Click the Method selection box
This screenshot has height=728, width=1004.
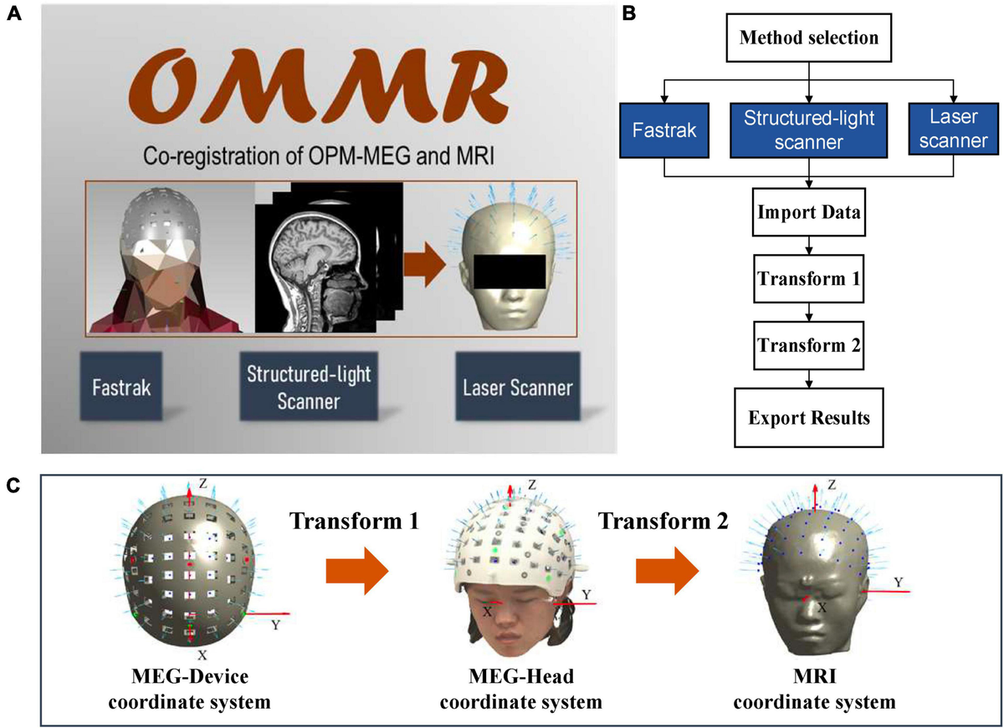pyautogui.click(x=808, y=38)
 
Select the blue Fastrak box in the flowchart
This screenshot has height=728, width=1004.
pyautogui.click(x=665, y=130)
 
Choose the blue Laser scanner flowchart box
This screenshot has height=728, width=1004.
pyautogui.click(x=952, y=130)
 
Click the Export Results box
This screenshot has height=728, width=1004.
pyautogui.click(x=808, y=416)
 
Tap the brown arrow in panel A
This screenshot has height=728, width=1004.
pyautogui.click(x=427, y=267)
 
